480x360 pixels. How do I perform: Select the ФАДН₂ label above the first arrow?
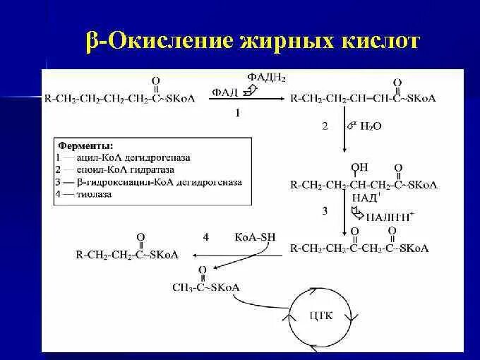click(265, 76)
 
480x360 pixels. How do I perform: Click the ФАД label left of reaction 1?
click(222, 91)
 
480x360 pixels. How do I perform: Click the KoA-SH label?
click(254, 237)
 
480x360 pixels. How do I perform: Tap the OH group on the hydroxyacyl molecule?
click(360, 167)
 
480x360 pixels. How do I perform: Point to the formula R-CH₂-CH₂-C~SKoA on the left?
click(128, 254)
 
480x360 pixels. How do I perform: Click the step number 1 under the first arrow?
click(238, 113)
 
